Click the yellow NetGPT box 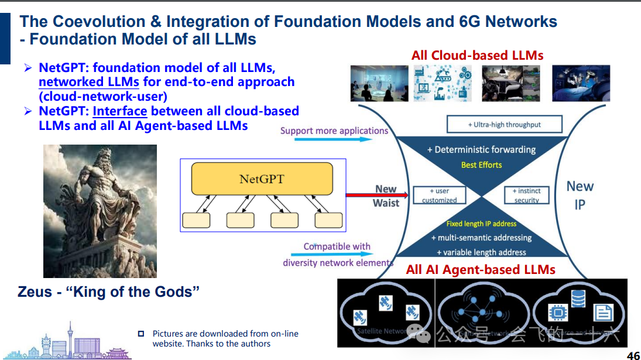[x=262, y=179]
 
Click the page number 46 [x=633, y=355]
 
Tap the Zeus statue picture [x=100, y=211]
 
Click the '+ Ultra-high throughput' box [x=504, y=124]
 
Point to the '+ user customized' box [x=439, y=196]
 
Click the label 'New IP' [x=580, y=195]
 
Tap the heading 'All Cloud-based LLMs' [x=477, y=56]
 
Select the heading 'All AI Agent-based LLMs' [x=481, y=270]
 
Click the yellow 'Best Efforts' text [x=481, y=165]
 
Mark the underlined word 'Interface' [x=119, y=111]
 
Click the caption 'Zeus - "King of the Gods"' [x=109, y=292]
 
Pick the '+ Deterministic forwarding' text [x=481, y=149]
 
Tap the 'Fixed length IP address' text [x=481, y=224]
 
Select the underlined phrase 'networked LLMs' [x=89, y=82]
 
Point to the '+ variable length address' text [x=481, y=252]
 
